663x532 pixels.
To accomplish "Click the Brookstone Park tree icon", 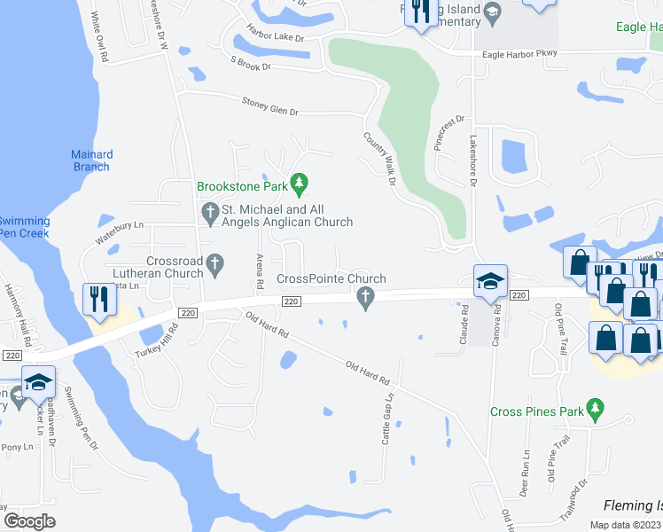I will coord(300,185).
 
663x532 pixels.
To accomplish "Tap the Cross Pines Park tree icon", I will coord(597,411).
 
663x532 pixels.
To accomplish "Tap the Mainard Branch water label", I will coord(91,160).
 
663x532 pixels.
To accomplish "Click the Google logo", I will coord(30,520).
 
